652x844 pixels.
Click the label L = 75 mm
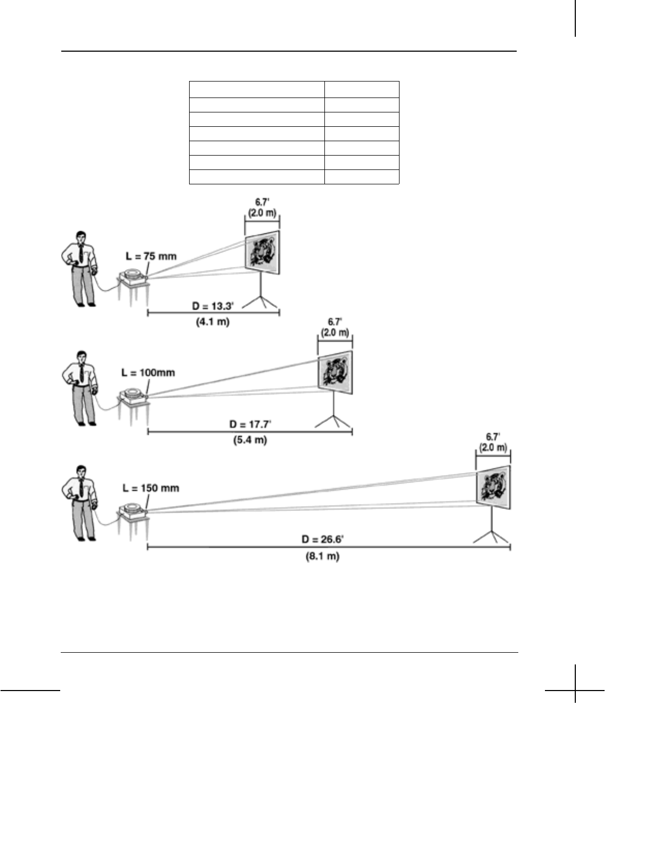point(151,256)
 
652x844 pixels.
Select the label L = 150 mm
point(151,488)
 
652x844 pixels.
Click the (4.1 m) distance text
point(213,322)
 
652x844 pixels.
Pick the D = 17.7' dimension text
point(250,425)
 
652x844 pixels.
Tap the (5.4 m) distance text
point(250,441)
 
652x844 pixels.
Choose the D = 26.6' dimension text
point(323,539)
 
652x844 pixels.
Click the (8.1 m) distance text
point(323,556)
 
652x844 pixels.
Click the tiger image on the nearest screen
point(263,252)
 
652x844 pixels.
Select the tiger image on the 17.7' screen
point(336,372)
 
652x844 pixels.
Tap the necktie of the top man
point(80,254)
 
